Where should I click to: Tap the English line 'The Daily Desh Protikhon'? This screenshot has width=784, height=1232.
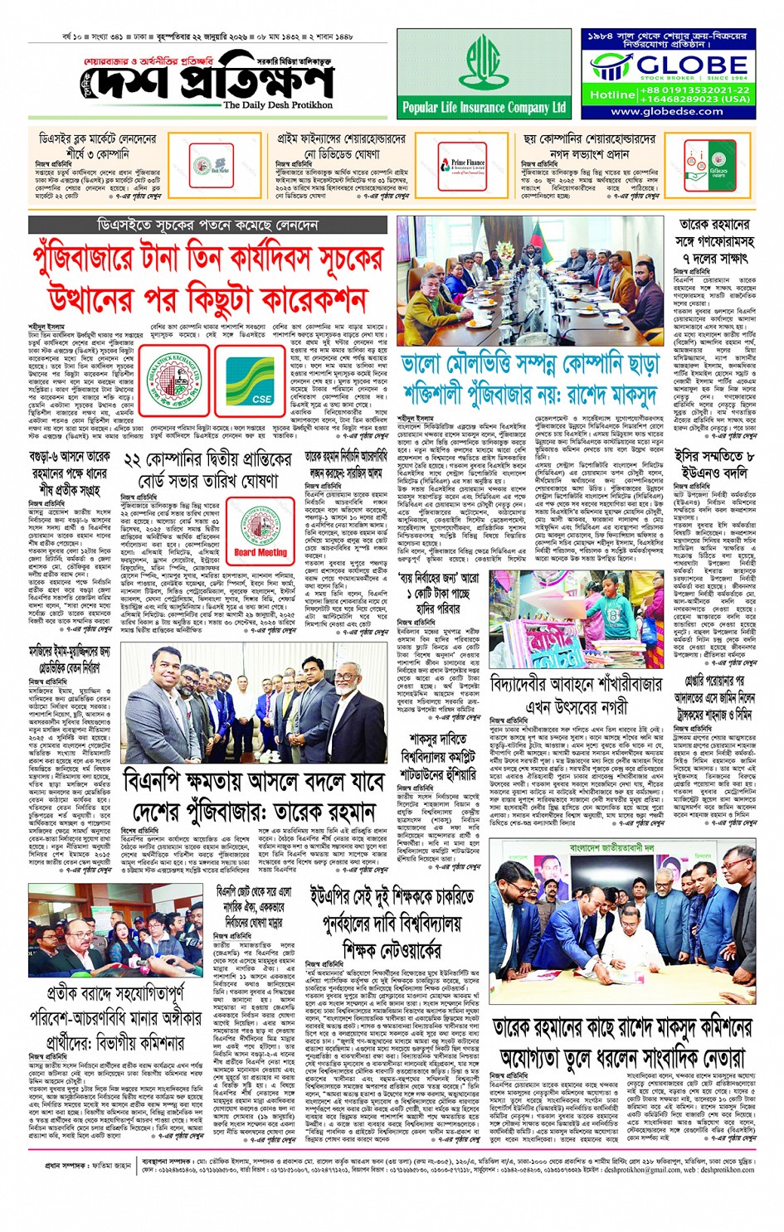click(x=278, y=105)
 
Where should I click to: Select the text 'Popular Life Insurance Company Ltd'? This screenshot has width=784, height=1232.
click(x=484, y=107)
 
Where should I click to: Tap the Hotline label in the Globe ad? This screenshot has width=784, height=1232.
click(x=612, y=95)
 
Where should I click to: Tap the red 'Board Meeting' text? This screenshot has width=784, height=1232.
click(x=261, y=529)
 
